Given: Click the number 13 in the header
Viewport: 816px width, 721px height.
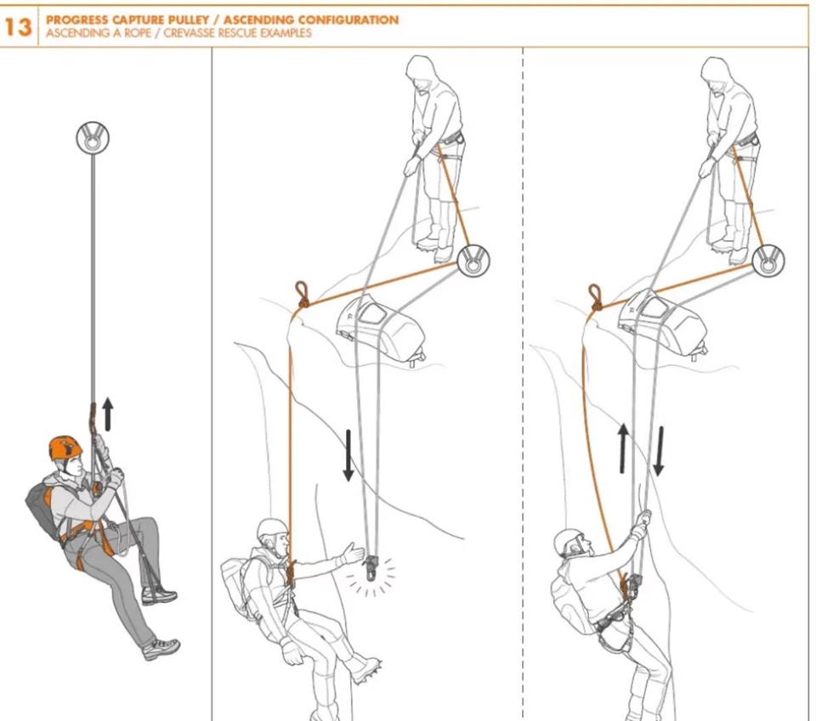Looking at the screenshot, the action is [x=18, y=27].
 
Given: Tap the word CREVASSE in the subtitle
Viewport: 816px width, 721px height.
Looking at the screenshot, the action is [x=190, y=33].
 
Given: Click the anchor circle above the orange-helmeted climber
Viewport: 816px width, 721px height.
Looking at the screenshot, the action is [x=93, y=138].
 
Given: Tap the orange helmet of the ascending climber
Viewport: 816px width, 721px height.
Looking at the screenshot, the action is [x=65, y=448].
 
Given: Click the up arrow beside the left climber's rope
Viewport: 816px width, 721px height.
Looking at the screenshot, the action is [x=108, y=414].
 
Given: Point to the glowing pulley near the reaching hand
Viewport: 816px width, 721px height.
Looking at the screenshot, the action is [x=371, y=567].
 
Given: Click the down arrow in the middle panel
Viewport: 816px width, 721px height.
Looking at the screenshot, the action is [x=348, y=455].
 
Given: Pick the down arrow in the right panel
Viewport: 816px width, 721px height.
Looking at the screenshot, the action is [x=658, y=451].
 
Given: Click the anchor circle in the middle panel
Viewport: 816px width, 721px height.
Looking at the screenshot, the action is [x=473, y=261].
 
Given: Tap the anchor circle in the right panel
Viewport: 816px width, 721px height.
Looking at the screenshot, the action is [x=768, y=261].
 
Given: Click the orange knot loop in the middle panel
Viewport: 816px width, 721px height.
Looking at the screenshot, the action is [x=301, y=294].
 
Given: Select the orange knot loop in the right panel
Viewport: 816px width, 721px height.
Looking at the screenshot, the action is [x=595, y=297].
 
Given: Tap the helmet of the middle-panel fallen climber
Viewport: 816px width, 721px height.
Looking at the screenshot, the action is [x=273, y=530].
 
